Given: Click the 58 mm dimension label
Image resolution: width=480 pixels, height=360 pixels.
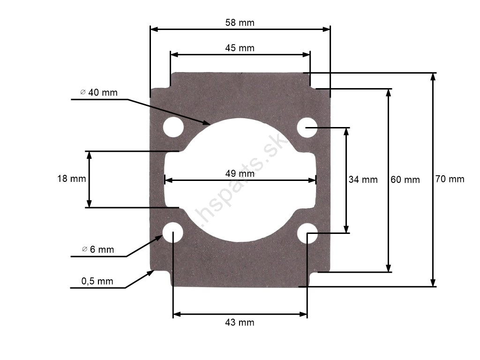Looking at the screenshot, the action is (240, 22).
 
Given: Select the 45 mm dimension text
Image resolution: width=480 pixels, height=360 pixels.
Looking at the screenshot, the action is (240, 48).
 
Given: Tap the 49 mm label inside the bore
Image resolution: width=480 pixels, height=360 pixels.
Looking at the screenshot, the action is (240, 173).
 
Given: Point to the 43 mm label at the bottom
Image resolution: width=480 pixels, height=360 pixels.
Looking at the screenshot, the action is (240, 322).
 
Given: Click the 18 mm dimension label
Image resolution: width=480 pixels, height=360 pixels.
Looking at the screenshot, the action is (72, 179).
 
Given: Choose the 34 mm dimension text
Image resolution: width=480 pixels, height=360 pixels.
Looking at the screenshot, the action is (363, 180).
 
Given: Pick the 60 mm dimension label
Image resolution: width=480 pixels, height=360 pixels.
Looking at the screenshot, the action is (405, 180).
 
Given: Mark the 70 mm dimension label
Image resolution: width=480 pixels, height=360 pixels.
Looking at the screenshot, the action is (450, 179).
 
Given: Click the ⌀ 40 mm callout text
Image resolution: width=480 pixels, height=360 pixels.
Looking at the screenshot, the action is (99, 92).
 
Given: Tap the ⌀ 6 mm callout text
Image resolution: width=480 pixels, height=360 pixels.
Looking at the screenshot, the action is (98, 249).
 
